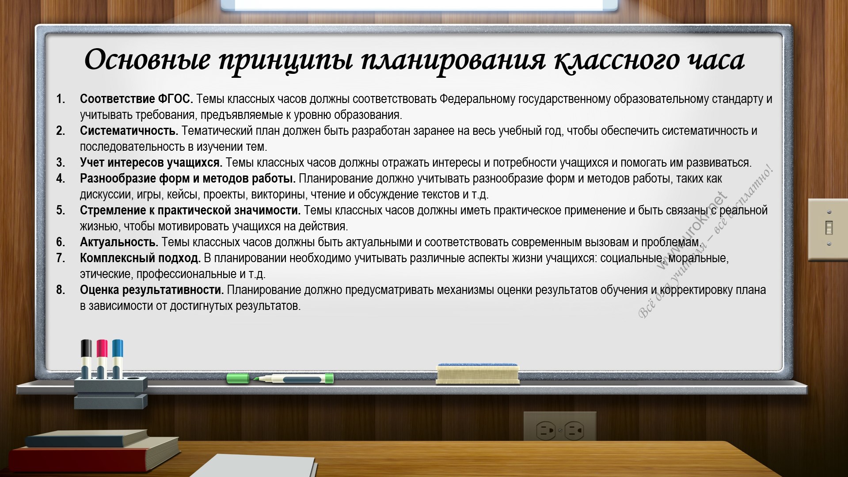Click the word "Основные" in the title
pyautogui.click(x=147, y=60)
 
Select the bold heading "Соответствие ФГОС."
pyautogui.click(x=137, y=99)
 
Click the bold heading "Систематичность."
pyautogui.click(x=129, y=131)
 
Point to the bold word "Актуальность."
pyautogui.click(x=119, y=242)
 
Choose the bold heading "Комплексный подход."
pyautogui.click(x=140, y=258)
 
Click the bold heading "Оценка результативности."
pyautogui.click(x=152, y=290)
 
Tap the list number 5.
pyautogui.click(x=61, y=210)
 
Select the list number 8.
pyautogui.click(x=61, y=290)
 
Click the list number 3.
pyautogui.click(x=61, y=163)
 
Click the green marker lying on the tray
pyautogui.click(x=280, y=378)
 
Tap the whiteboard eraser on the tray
pyautogui.click(x=477, y=373)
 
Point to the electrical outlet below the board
pyautogui.click(x=560, y=429)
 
